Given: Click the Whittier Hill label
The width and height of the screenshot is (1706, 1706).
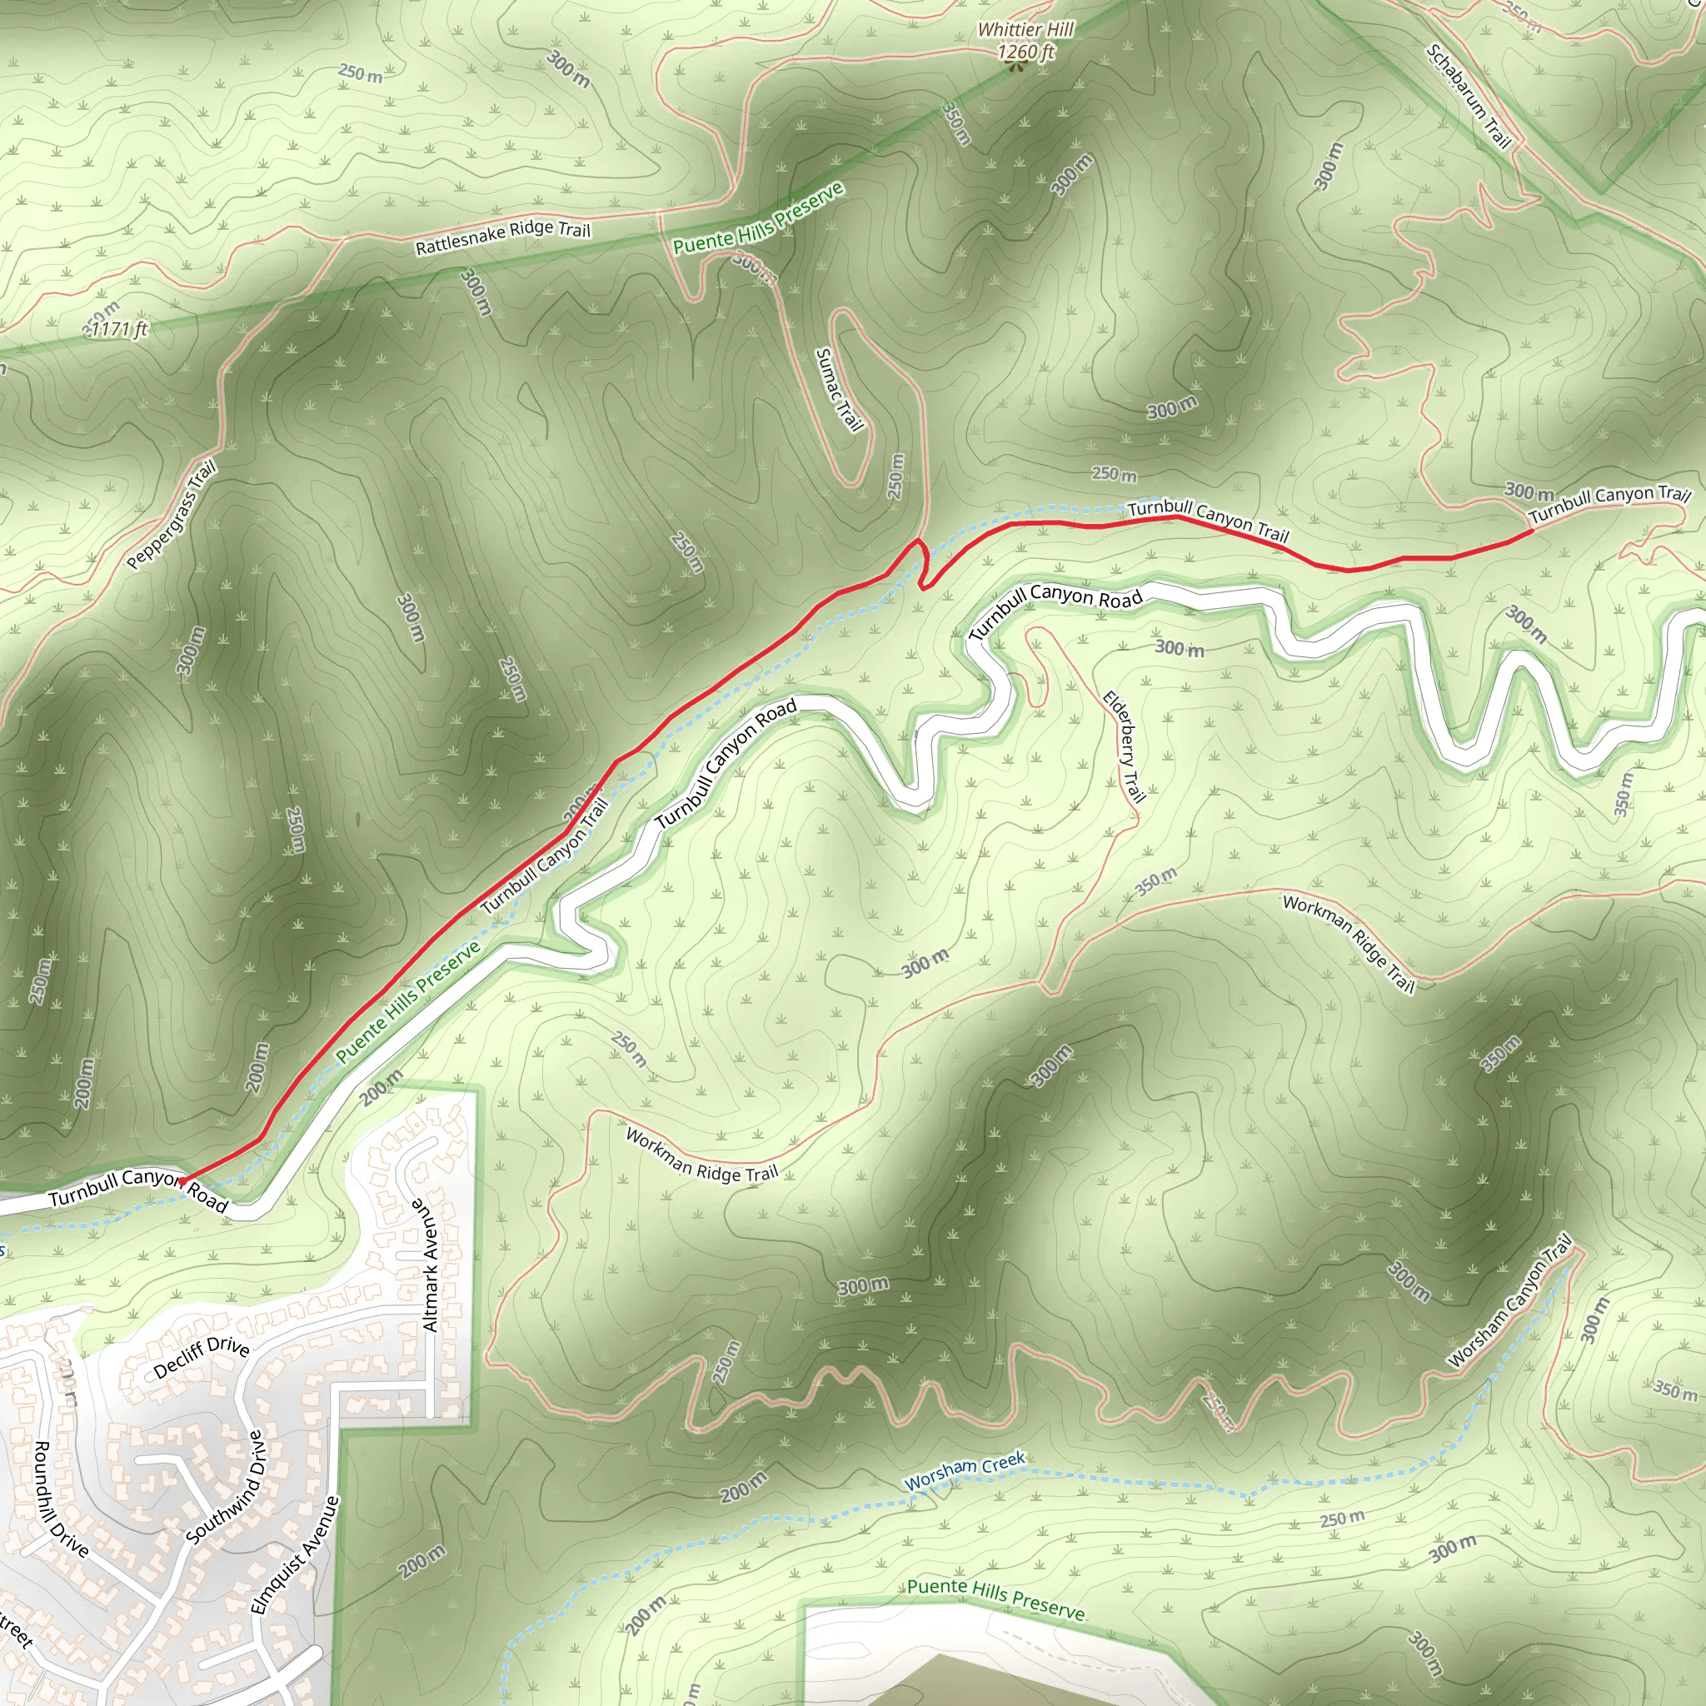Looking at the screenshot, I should pyautogui.click(x=1025, y=29).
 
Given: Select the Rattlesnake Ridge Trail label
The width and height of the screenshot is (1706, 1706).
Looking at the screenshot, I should pyautogui.click(x=502, y=236).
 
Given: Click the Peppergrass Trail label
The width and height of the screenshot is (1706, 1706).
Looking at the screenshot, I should pyautogui.click(x=172, y=516).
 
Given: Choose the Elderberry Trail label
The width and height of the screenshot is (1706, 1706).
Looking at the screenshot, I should pyautogui.click(x=1124, y=747).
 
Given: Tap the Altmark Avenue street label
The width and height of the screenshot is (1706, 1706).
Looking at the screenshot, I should pyautogui.click(x=430, y=1265).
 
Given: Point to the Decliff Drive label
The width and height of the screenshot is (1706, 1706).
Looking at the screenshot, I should pyautogui.click(x=202, y=1357).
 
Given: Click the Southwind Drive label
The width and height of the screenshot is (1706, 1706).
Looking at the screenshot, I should pyautogui.click(x=227, y=1488).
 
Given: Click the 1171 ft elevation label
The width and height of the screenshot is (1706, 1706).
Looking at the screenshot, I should pyautogui.click(x=119, y=329).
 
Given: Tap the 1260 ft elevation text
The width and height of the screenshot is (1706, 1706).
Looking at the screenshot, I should pyautogui.click(x=1025, y=52).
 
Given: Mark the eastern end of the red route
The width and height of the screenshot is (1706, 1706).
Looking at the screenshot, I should pyautogui.click(x=1531, y=531).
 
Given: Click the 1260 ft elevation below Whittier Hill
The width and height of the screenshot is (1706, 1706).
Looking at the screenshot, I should pyautogui.click(x=1025, y=52).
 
